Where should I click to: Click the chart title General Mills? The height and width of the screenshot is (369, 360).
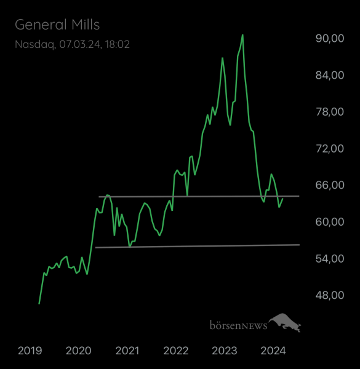pyautogui.click(x=57, y=25)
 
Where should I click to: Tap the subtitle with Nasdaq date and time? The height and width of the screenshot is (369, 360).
pyautogui.click(x=72, y=44)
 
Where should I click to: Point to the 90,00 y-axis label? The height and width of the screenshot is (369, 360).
pyautogui.click(x=329, y=38)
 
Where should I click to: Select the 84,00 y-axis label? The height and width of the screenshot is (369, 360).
pyautogui.click(x=329, y=75)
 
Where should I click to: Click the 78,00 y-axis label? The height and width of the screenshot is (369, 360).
pyautogui.click(x=329, y=111)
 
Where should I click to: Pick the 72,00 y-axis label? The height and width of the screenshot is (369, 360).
pyautogui.click(x=329, y=148)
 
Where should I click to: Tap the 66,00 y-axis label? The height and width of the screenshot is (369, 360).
pyautogui.click(x=329, y=185)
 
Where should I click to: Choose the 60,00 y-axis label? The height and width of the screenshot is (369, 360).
pyautogui.click(x=329, y=221)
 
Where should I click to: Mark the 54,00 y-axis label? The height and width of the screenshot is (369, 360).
pyautogui.click(x=329, y=258)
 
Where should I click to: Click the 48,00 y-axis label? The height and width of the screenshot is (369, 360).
pyautogui.click(x=329, y=295)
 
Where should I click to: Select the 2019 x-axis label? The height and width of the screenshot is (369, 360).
pyautogui.click(x=30, y=351)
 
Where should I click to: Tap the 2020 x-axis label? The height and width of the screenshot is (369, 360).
pyautogui.click(x=78, y=351)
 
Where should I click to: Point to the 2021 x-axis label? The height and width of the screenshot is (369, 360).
pyautogui.click(x=127, y=351)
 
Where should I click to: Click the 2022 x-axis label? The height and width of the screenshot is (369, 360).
pyautogui.click(x=175, y=351)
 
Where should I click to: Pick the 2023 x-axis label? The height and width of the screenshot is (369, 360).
pyautogui.click(x=224, y=351)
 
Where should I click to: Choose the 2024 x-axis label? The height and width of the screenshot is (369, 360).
pyautogui.click(x=273, y=351)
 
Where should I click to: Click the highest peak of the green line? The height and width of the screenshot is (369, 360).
pyautogui.click(x=242, y=35)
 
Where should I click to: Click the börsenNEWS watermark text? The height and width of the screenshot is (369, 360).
pyautogui.click(x=238, y=325)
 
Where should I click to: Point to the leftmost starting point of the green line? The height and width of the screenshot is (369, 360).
pyautogui.click(x=39, y=303)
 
